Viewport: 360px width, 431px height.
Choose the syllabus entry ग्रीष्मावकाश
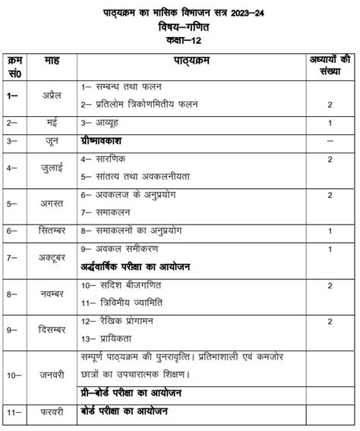tap(106, 141)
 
